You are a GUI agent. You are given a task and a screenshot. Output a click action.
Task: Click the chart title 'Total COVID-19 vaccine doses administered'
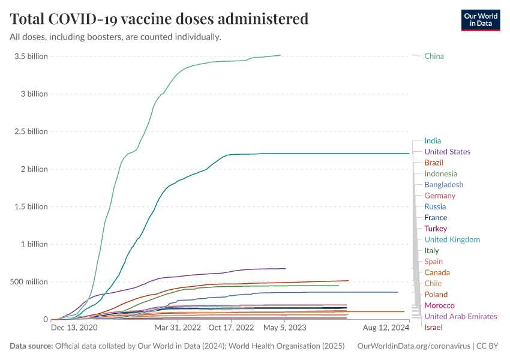click(x=159, y=19)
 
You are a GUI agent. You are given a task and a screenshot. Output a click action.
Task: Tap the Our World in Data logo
click(x=480, y=20)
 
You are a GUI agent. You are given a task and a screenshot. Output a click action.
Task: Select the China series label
click(x=434, y=56)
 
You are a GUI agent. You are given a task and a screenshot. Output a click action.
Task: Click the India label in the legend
click(x=432, y=141)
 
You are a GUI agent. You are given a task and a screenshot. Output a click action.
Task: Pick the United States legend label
click(x=447, y=152)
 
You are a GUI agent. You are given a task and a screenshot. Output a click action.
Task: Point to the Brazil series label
click(x=434, y=163)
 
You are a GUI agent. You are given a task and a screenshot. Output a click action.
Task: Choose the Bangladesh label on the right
click(x=443, y=185)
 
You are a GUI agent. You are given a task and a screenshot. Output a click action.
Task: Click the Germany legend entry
click(x=440, y=196)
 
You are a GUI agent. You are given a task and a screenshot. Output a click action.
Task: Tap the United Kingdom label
click(x=452, y=239)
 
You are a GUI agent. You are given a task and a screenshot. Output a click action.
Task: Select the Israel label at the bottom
click(x=433, y=328)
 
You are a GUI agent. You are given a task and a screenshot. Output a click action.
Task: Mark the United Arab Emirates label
click(x=460, y=316)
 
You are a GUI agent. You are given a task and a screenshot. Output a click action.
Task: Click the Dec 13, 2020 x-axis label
click(x=74, y=328)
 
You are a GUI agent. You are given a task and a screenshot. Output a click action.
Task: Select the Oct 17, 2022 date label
click(x=232, y=328)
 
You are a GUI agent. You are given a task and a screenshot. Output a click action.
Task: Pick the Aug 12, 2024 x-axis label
click(x=386, y=328)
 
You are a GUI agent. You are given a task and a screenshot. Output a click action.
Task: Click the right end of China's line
click(x=280, y=55)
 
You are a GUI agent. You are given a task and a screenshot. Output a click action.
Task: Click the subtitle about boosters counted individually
click(x=115, y=37)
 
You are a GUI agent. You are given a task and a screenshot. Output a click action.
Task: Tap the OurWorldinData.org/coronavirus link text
click(x=413, y=346)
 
